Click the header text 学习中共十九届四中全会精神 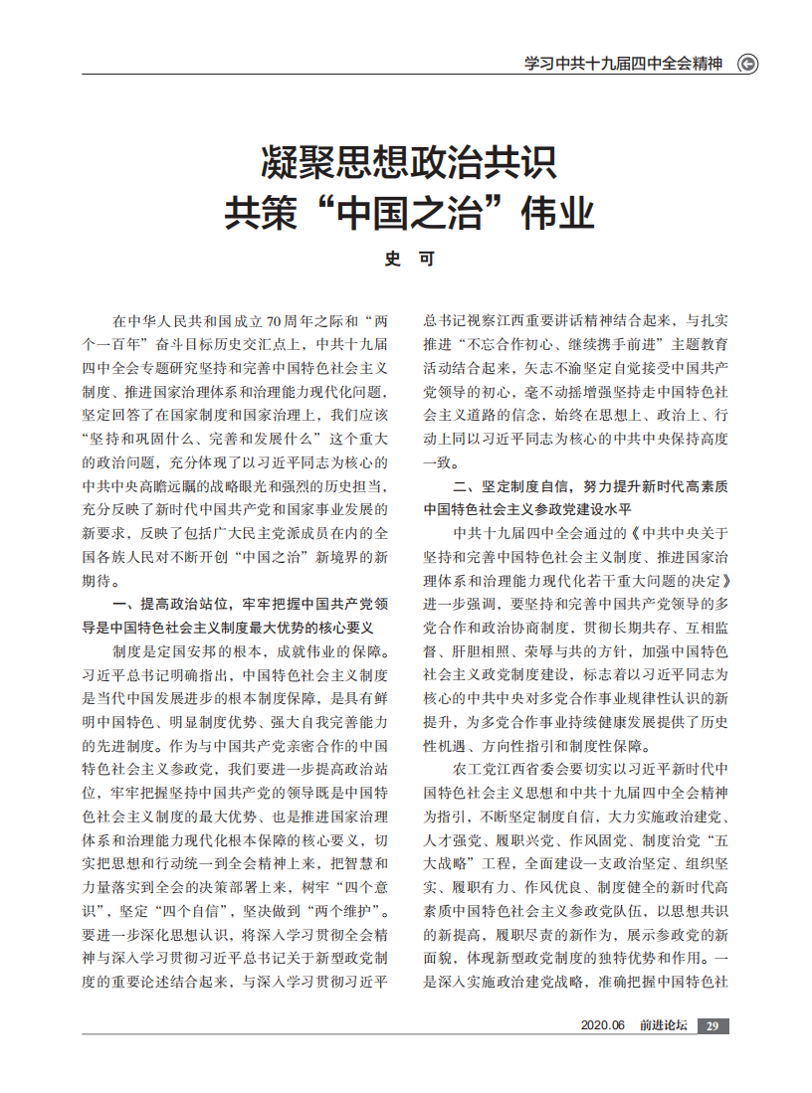coord(623,64)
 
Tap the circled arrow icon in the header coord(747,64)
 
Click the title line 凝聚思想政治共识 coord(408,160)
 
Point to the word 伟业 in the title coord(558,213)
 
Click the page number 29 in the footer coord(712,1026)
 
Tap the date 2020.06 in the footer coord(602,1026)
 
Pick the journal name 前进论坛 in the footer coord(664,1026)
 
